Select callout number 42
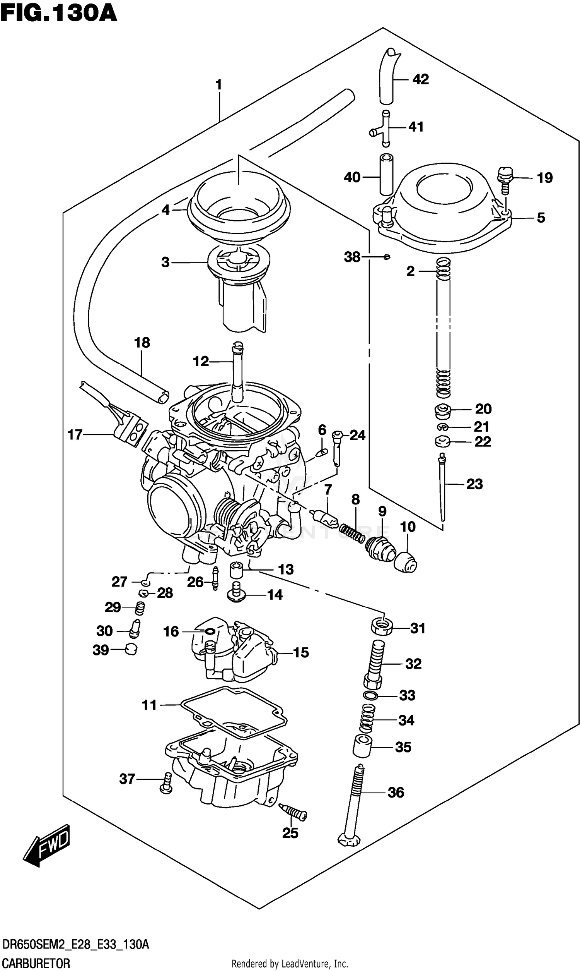point(421,79)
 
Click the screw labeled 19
point(504,179)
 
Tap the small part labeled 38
point(387,257)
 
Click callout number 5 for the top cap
point(541,218)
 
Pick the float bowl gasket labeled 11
point(234,717)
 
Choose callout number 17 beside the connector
point(75,434)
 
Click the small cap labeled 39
point(131,650)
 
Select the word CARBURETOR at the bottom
point(36,962)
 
